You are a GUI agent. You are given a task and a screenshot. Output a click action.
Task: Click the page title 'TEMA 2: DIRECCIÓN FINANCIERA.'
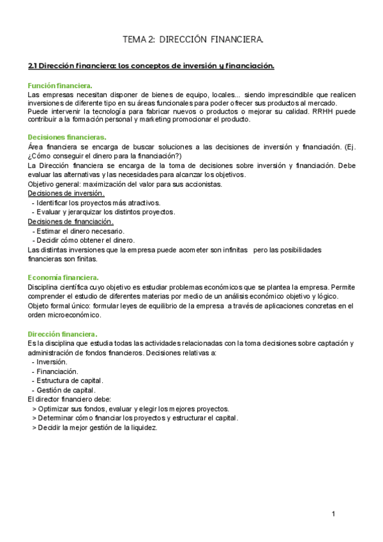point(193,40)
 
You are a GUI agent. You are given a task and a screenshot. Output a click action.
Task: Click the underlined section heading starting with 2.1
point(151,65)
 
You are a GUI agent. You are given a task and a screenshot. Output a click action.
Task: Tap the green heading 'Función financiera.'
point(60,86)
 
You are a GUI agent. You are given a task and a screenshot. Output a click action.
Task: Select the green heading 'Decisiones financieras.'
point(67,137)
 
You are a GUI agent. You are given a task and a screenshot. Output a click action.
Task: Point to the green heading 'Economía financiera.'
point(63,277)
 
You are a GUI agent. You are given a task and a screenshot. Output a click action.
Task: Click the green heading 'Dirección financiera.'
point(63,334)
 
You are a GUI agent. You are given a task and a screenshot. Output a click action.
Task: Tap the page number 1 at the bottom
point(333,514)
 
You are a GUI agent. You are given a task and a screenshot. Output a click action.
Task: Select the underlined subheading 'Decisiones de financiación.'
point(70,221)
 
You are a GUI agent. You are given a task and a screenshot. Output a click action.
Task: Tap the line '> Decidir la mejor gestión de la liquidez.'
point(94,428)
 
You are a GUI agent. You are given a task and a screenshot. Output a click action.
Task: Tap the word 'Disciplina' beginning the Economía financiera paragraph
point(44,287)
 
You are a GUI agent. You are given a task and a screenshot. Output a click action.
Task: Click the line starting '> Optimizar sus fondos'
point(130,409)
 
